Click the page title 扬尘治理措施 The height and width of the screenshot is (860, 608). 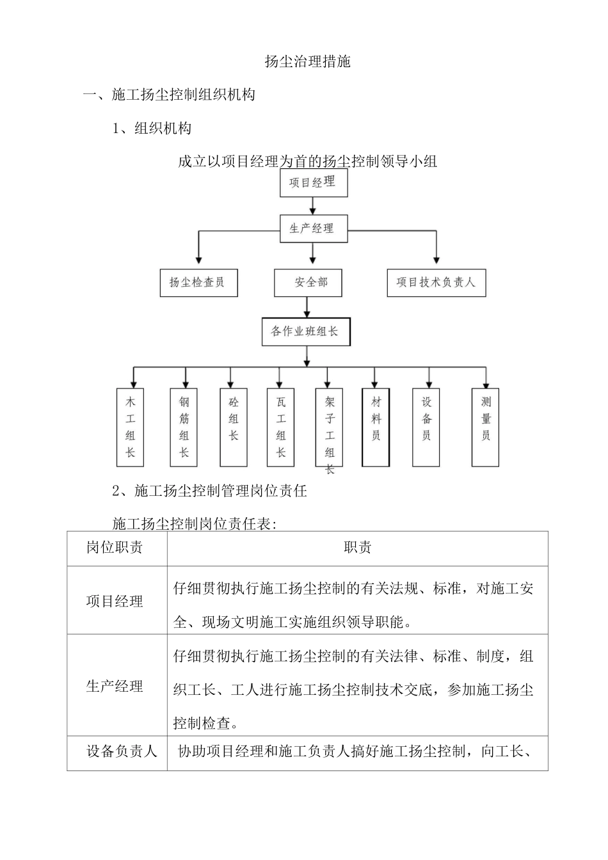pyautogui.click(x=307, y=61)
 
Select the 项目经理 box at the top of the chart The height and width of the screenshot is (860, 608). pyautogui.click(x=312, y=182)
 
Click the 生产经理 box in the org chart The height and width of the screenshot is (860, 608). pyautogui.click(x=313, y=228)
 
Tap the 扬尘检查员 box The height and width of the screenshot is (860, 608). pyautogui.click(x=198, y=282)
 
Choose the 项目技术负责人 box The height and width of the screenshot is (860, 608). pyautogui.click(x=436, y=282)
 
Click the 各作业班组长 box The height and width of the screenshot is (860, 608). pyautogui.click(x=306, y=331)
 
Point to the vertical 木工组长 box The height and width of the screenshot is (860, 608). pyautogui.click(x=131, y=427)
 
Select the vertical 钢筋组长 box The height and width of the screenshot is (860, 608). pyautogui.click(x=184, y=427)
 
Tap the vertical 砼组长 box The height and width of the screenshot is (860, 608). pyautogui.click(x=234, y=427)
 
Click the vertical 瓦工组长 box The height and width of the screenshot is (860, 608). pyautogui.click(x=281, y=427)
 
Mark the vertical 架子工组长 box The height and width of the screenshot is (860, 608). pyautogui.click(x=330, y=427)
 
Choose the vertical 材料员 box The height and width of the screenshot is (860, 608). pyautogui.click(x=376, y=427)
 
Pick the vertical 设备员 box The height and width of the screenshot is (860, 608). pyautogui.click(x=426, y=427)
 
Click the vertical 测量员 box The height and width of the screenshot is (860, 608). pyautogui.click(x=486, y=427)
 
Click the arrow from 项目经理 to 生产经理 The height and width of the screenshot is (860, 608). pyautogui.click(x=312, y=205)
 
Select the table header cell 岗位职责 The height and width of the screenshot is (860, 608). pyautogui.click(x=116, y=548)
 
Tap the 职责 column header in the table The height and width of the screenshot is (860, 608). pyautogui.click(x=357, y=548)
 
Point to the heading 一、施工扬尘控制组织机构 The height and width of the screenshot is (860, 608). pyautogui.click(x=170, y=95)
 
